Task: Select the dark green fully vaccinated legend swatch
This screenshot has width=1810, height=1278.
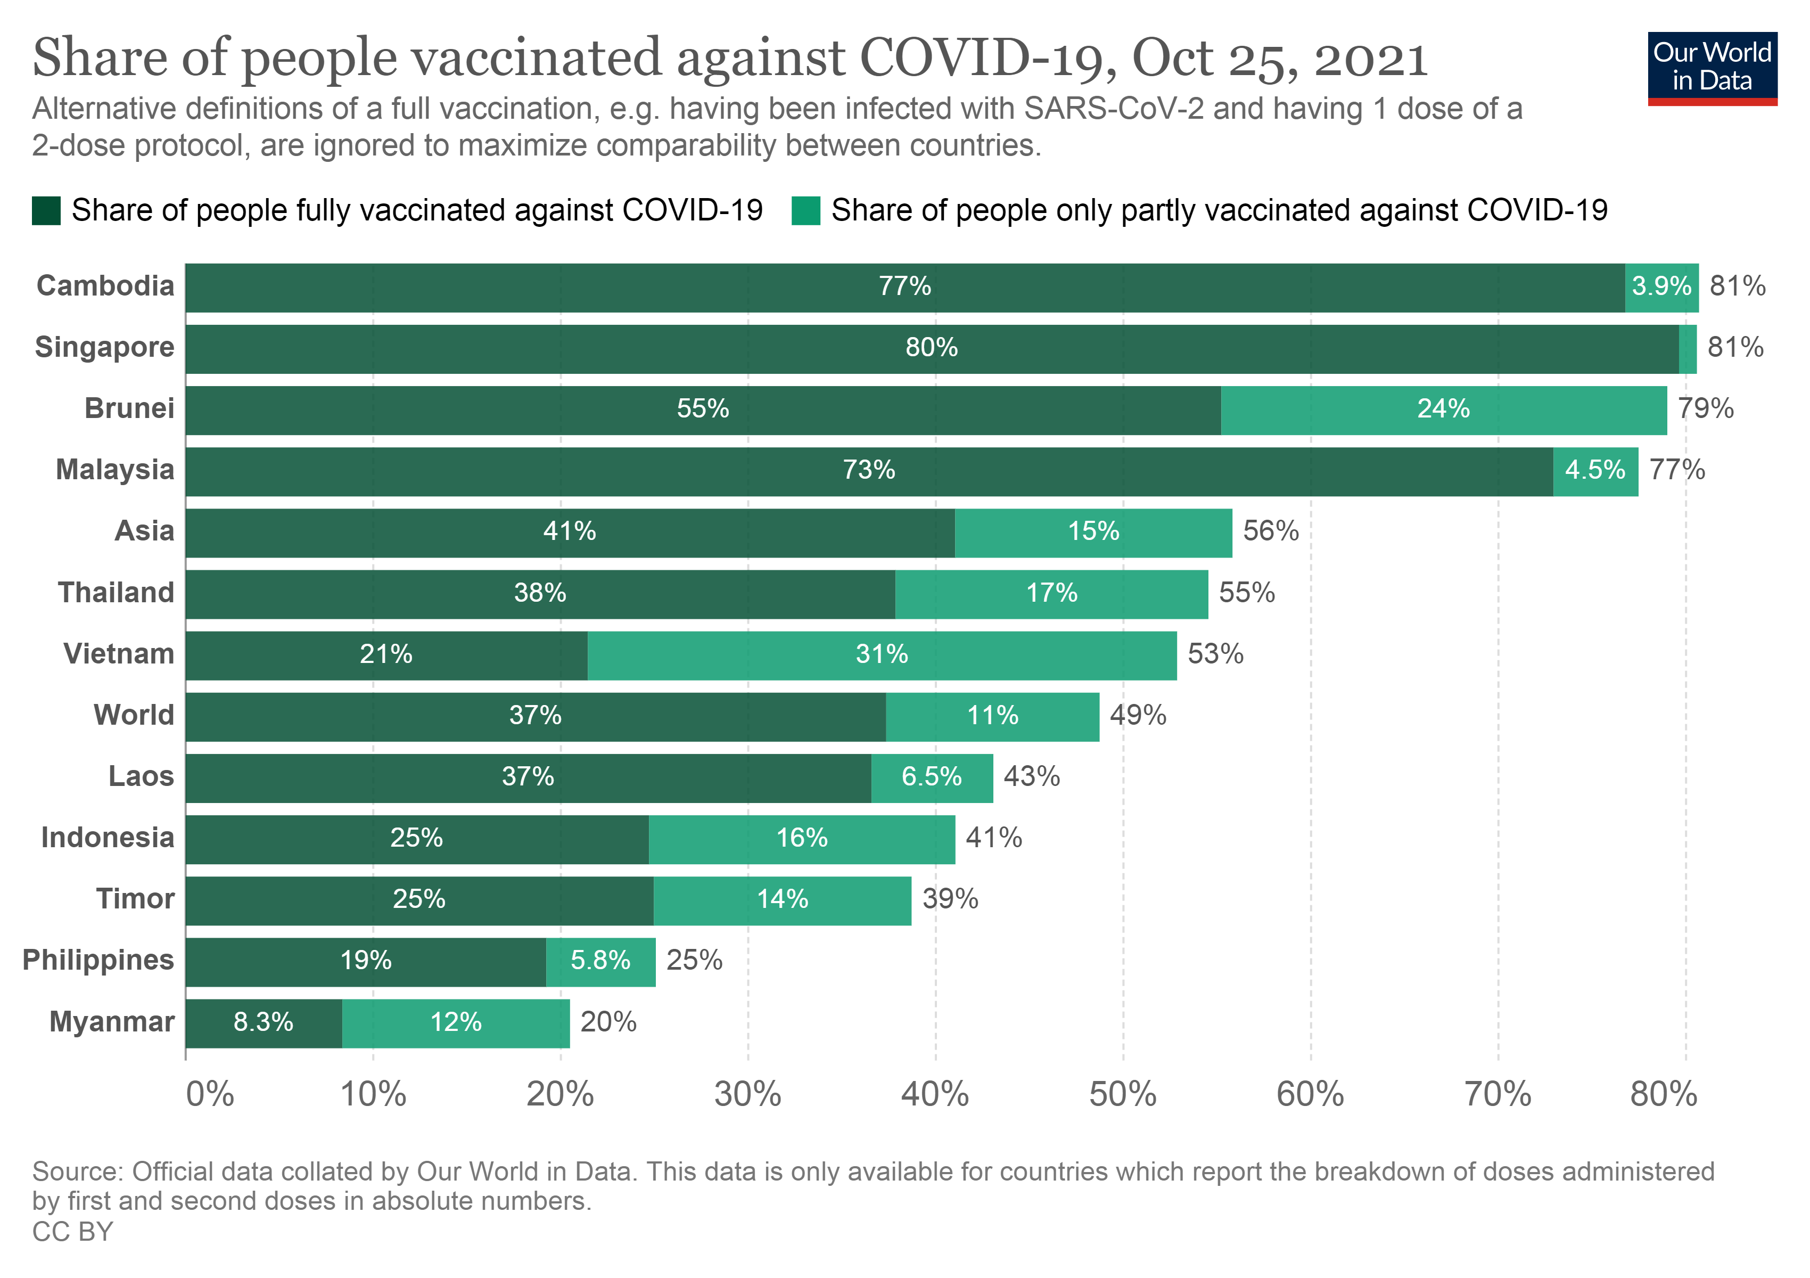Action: [x=46, y=210]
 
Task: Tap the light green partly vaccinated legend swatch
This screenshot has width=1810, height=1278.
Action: [x=805, y=210]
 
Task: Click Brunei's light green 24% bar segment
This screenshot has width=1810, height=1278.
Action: [x=1443, y=409]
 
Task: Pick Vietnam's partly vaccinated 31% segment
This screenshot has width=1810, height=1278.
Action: [x=882, y=654]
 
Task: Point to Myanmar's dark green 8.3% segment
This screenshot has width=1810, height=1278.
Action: [x=264, y=1022]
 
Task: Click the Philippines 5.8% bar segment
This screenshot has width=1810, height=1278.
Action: [x=600, y=961]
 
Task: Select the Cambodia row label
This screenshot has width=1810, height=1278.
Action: [x=105, y=285]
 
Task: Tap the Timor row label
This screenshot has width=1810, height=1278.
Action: [x=135, y=899]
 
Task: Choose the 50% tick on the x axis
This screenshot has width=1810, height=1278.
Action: [x=1123, y=1094]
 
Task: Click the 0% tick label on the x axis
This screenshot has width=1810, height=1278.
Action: [x=210, y=1094]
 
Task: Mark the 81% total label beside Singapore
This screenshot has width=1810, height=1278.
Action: [x=1735, y=348]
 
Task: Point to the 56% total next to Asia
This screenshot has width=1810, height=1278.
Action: [x=1270, y=531]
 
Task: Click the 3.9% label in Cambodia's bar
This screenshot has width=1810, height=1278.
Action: [x=1661, y=286]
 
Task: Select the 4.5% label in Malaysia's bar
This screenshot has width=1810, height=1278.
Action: [x=1595, y=471]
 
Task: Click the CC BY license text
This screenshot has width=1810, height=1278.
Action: [x=72, y=1232]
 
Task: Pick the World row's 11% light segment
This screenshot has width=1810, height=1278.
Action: [x=992, y=716]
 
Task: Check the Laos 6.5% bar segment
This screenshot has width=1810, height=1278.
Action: [x=931, y=777]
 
